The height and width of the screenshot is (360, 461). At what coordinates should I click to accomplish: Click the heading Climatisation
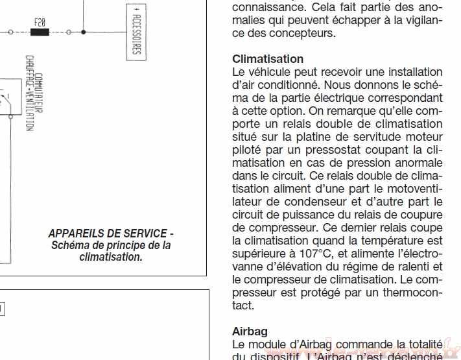point(267,59)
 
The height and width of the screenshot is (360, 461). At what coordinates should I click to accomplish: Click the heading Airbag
point(250,331)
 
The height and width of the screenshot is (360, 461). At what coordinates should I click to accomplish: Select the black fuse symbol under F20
point(40,31)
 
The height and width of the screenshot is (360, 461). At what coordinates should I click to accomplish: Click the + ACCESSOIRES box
point(136,31)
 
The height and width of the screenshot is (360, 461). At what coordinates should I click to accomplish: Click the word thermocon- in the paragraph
point(416,293)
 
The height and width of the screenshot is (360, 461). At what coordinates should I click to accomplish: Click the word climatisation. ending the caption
point(111,257)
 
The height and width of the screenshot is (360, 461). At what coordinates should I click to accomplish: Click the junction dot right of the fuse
point(84,31)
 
